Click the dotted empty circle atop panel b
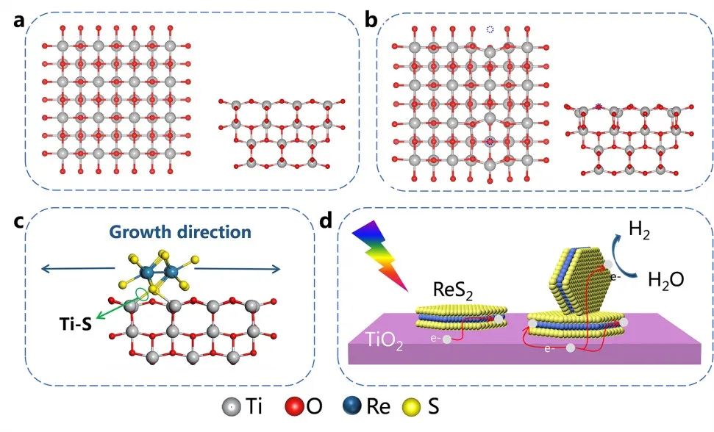490,30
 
